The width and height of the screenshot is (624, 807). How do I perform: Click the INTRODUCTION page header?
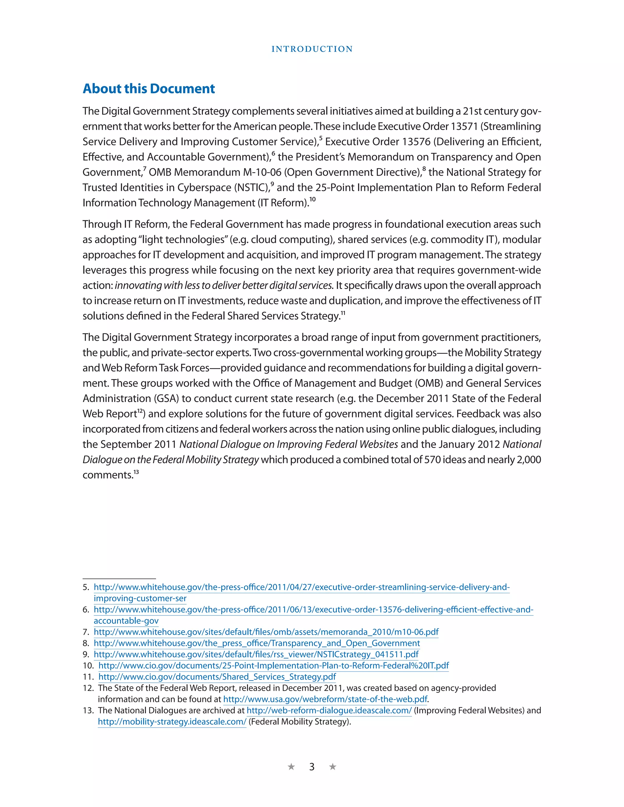click(x=312, y=49)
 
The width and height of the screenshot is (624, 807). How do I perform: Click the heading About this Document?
click(x=149, y=89)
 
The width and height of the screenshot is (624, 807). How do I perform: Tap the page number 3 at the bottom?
click(x=312, y=767)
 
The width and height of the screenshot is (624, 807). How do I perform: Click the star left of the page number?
click(x=291, y=767)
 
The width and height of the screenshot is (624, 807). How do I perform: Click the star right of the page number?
click(x=333, y=767)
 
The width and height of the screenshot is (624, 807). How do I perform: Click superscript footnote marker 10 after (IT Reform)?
click(x=313, y=200)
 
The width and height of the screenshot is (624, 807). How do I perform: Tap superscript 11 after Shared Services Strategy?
click(x=343, y=313)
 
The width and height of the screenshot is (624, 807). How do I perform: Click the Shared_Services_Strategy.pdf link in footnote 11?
click(x=217, y=677)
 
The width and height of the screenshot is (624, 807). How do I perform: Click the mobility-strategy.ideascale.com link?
click(x=172, y=722)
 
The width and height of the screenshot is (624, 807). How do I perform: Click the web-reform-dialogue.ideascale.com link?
click(x=329, y=710)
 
